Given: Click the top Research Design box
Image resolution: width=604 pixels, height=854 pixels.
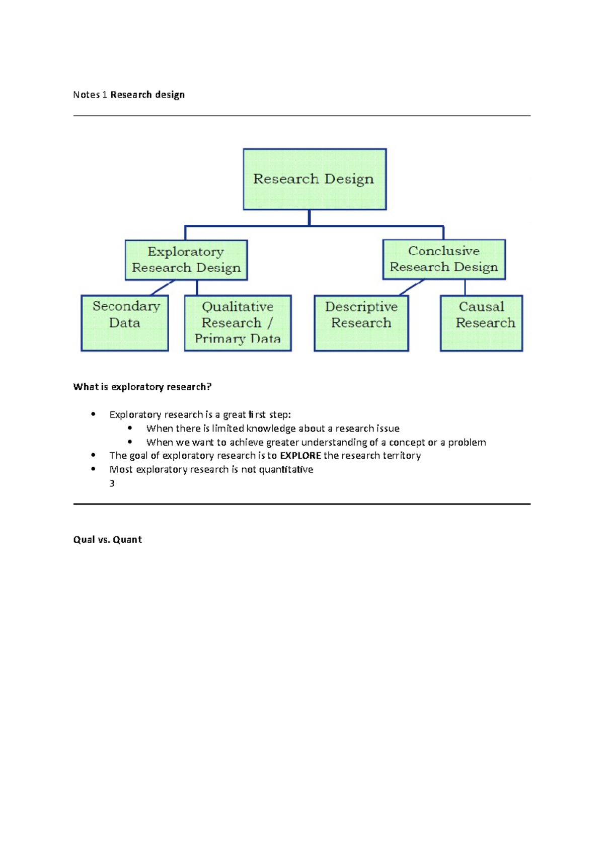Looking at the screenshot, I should coord(315,179).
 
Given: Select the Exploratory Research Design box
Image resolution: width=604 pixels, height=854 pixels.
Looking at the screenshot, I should coord(186,260).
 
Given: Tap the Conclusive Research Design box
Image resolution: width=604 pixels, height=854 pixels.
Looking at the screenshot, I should coord(444,259).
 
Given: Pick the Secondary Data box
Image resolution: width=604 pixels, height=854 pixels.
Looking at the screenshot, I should coord(125,323).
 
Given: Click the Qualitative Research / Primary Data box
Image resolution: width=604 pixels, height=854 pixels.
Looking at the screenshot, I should coord(238,323).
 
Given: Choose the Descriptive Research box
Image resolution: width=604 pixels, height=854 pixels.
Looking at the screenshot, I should coord(361,323).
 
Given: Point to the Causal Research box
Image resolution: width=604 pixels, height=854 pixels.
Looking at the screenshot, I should coord(481,323).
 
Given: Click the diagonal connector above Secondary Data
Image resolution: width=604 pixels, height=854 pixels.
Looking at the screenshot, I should coord(162,288).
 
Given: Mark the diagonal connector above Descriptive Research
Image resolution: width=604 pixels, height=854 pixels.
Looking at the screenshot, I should coord(411,287).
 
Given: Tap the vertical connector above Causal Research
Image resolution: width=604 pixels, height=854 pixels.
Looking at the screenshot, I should coord(465,287).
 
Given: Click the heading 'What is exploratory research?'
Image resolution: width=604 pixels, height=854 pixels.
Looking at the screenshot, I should coord(142,387).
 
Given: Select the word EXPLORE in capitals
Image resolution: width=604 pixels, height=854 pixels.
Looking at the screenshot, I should coord(300,456).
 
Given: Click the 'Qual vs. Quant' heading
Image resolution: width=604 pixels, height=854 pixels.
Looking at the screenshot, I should coord(107,540).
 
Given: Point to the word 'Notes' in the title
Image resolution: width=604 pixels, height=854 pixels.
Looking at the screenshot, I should coord(86,95).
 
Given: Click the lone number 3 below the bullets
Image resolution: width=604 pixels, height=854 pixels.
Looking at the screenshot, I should coord(112,483).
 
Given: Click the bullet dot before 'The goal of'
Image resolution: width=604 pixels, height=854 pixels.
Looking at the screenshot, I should coord(93,455).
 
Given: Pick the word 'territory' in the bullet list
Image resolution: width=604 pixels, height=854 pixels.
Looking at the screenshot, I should coord(401,456).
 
